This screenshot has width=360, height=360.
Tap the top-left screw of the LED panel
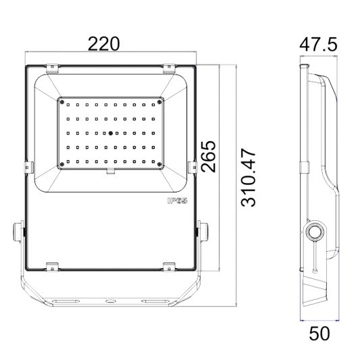click(62, 102)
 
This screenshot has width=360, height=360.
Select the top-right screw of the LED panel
click(159, 102)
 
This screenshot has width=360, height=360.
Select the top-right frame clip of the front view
click(169, 67)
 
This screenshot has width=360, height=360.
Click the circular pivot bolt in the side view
click(313, 232)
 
